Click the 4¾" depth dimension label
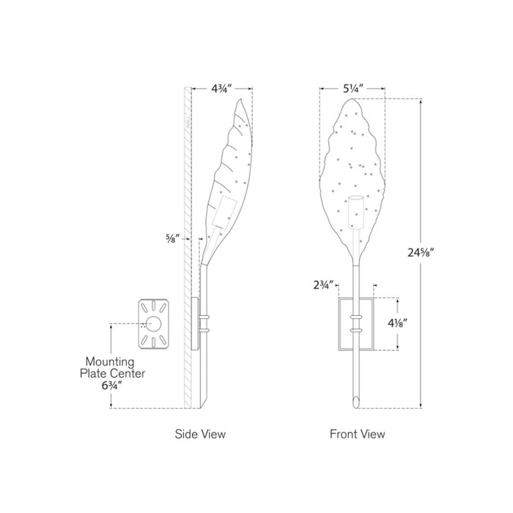click(x=221, y=89)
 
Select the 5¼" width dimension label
click(x=353, y=89)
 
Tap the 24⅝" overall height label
click(x=421, y=253)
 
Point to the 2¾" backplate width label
click(x=324, y=285)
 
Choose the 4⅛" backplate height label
click(x=397, y=323)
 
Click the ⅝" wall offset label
click(x=173, y=238)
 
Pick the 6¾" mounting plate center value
click(x=112, y=385)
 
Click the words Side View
click(x=200, y=434)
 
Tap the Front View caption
click(x=358, y=434)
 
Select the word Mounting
click(x=110, y=362)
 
